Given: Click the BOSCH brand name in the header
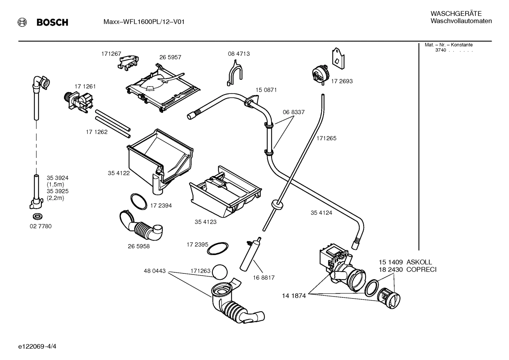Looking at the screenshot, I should [52, 23].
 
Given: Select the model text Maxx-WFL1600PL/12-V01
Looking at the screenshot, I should [144, 22].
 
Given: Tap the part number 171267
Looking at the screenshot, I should [111, 54].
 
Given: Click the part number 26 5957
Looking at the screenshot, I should [170, 57].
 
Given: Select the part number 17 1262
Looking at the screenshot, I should [97, 132].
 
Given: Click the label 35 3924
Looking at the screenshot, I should [58, 178].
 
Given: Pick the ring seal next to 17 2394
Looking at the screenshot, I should [139, 201].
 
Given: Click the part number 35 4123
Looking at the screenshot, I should [205, 222].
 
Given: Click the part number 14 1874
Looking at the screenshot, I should [294, 296].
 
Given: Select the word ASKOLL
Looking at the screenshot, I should [419, 262].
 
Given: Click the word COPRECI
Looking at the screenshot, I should [421, 270].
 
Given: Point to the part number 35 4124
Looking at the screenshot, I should [321, 213].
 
